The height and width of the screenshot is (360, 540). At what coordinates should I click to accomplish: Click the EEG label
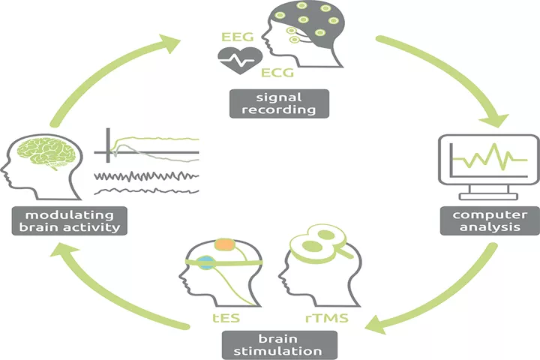(237, 37)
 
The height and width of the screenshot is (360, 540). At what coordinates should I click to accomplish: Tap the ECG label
(277, 73)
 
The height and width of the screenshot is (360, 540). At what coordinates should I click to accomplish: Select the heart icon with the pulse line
(240, 60)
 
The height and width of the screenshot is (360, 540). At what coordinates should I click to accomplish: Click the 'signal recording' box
(279, 103)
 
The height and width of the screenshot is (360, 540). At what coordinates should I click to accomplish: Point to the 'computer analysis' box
(490, 220)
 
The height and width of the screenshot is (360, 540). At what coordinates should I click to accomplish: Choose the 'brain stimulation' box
(279, 345)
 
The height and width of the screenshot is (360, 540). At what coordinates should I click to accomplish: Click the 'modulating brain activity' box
(70, 221)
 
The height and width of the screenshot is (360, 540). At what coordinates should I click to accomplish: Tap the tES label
(226, 318)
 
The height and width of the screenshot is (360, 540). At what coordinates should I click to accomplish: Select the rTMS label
(327, 318)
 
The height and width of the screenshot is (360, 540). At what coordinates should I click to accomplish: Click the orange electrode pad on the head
(225, 244)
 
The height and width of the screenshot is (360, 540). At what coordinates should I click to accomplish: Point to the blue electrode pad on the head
(206, 262)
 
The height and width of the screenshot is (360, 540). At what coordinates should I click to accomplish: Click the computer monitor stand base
(488, 196)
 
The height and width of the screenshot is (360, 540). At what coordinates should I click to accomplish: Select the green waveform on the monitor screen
(490, 157)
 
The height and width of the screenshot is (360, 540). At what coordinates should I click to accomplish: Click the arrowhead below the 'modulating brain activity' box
(63, 250)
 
